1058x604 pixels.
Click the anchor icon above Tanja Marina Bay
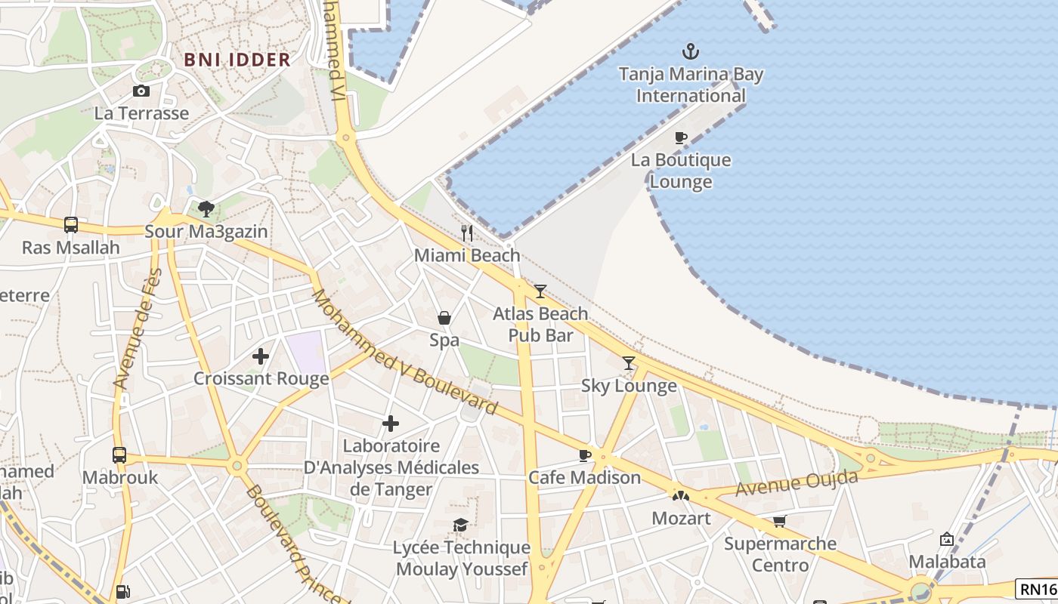click(690, 51)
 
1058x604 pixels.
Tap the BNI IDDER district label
click(237, 60)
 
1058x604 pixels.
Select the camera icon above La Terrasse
click(141, 91)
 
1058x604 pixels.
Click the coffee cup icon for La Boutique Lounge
click(680, 137)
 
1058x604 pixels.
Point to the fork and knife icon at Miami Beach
click(467, 233)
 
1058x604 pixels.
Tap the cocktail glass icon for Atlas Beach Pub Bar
click(540, 291)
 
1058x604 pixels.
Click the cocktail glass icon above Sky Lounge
click(629, 363)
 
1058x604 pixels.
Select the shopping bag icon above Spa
click(444, 318)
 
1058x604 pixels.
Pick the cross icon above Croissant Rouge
click(261, 356)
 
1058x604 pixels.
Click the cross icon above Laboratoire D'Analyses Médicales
click(391, 424)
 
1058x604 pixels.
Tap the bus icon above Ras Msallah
click(71, 224)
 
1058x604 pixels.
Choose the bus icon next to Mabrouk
click(119, 455)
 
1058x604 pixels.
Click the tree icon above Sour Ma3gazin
click(206, 208)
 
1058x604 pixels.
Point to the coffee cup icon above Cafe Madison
click(584, 455)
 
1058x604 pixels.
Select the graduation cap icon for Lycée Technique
click(460, 525)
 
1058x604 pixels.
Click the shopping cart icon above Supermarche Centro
click(780, 521)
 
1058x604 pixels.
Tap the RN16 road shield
click(1038, 589)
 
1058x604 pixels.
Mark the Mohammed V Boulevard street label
click(405, 352)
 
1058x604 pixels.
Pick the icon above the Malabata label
click(946, 539)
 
